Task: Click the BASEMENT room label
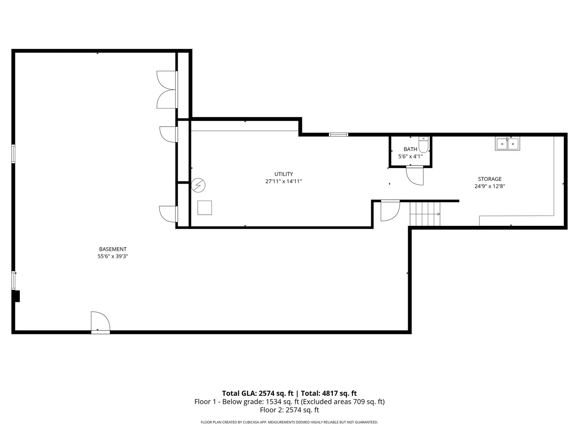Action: click(113, 249)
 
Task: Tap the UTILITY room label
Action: click(283, 174)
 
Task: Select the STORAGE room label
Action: click(489, 179)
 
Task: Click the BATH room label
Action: click(410, 149)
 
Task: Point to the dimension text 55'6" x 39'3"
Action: click(113, 256)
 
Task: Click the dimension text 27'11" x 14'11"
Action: click(283, 181)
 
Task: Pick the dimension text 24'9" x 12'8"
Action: click(489, 186)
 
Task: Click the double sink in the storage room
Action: click(507, 143)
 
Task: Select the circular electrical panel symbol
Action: click(198, 185)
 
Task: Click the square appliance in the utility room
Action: click(204, 207)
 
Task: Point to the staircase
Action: click(425, 214)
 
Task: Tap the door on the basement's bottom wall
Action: click(100, 322)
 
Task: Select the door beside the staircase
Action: click(390, 211)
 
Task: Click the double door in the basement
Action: click(167, 90)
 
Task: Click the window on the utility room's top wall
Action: click(339, 135)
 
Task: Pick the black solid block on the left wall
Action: click(16, 296)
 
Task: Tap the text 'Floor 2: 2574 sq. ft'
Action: click(289, 410)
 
